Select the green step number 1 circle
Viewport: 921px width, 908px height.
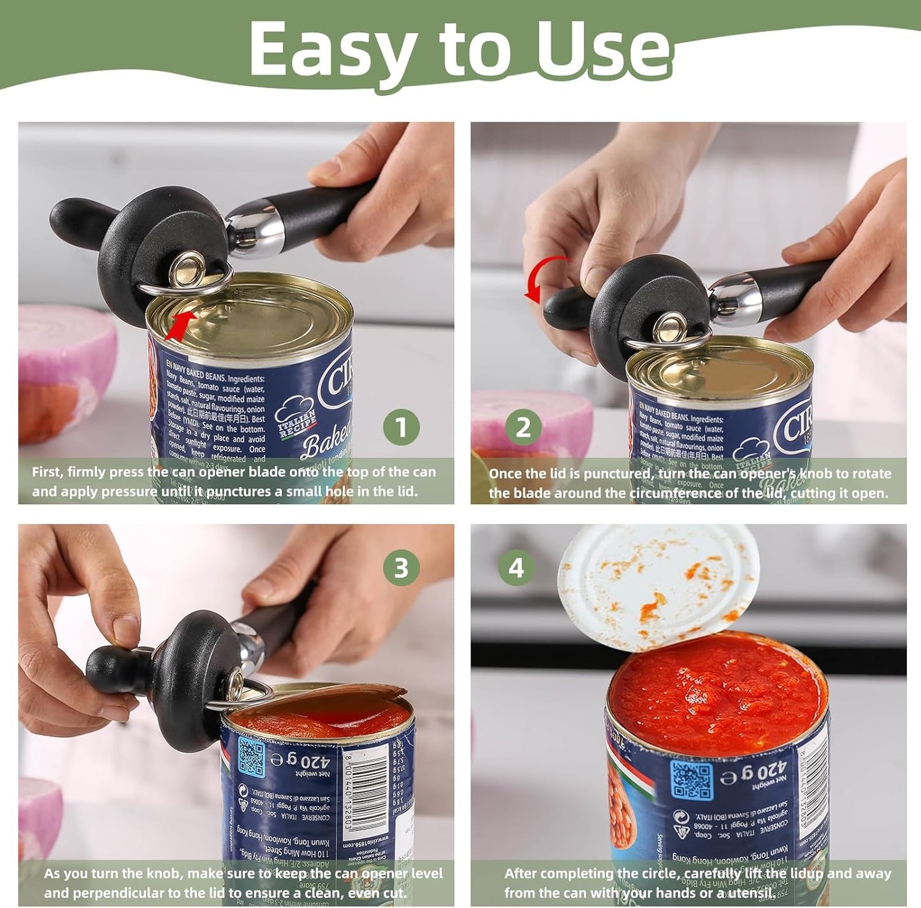coord(401,427)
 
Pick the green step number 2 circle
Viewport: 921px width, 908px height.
coord(523,427)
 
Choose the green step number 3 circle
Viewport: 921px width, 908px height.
coord(401,567)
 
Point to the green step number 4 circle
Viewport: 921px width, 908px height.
coord(516,567)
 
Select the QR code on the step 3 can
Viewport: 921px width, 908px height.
coord(251,756)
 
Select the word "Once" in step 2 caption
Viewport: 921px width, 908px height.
coord(507,474)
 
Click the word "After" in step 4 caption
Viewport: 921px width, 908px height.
coord(523,874)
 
